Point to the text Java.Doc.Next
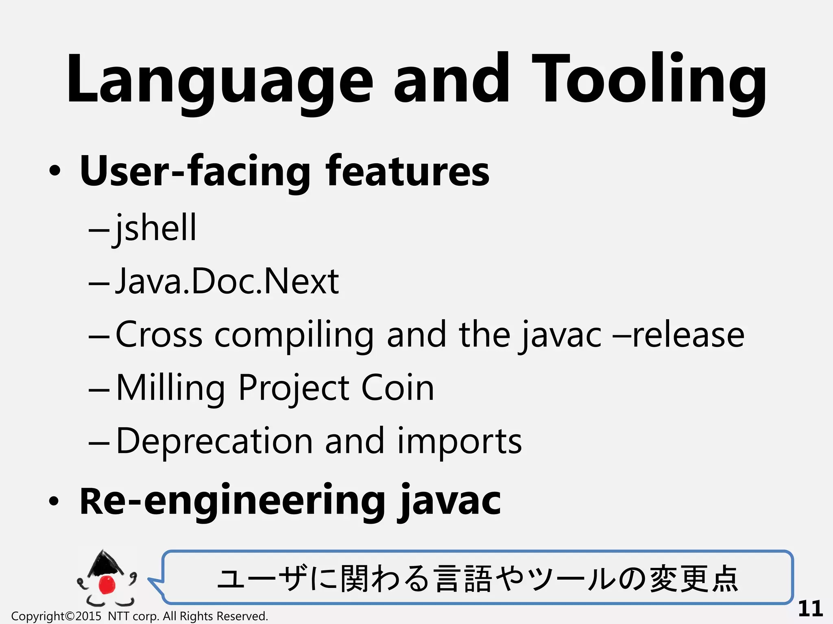(x=227, y=281)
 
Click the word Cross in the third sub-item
(x=159, y=335)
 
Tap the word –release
(x=680, y=335)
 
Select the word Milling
(x=170, y=388)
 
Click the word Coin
(x=397, y=388)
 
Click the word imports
(x=459, y=442)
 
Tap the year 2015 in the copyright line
(x=88, y=616)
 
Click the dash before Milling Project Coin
(x=99, y=389)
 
